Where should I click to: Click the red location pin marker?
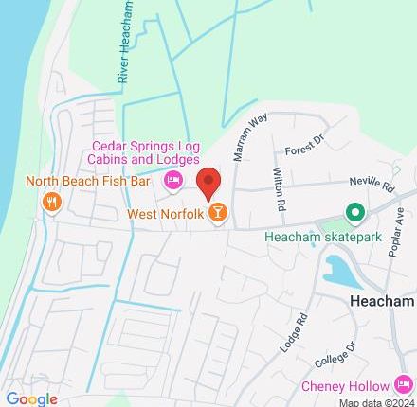point(208,182)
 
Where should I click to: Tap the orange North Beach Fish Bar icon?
point(51,202)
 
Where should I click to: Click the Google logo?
point(31,398)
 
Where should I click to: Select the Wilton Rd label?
point(279,189)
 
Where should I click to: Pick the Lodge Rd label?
point(295,334)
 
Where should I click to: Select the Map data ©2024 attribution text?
point(376,401)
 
